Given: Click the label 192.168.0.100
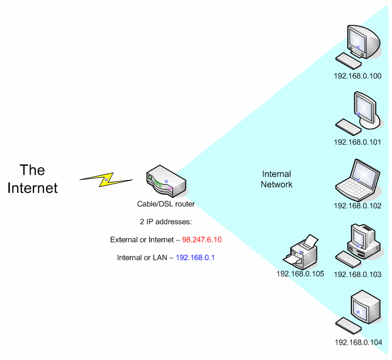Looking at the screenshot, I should click(x=358, y=76).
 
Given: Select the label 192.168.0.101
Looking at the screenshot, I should click(x=358, y=142).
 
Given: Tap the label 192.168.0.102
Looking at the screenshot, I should click(x=358, y=206).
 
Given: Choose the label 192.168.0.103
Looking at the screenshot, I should click(x=358, y=274).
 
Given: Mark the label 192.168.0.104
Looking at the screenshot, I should click(x=358, y=342).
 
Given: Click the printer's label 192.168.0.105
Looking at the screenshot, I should click(x=300, y=274).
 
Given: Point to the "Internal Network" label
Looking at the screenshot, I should click(x=277, y=179).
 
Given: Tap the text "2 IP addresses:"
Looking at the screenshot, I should click(x=165, y=222).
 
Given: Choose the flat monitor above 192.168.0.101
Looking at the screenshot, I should click(x=363, y=107).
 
